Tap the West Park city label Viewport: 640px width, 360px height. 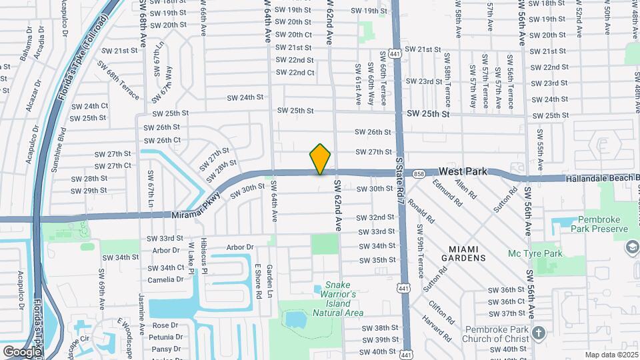463,172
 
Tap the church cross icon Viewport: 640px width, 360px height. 539,332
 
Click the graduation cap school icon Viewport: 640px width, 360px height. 631,248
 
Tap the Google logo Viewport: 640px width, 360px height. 22,351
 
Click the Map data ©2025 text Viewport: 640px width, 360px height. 611,355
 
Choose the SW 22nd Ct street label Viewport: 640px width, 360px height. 295,73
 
